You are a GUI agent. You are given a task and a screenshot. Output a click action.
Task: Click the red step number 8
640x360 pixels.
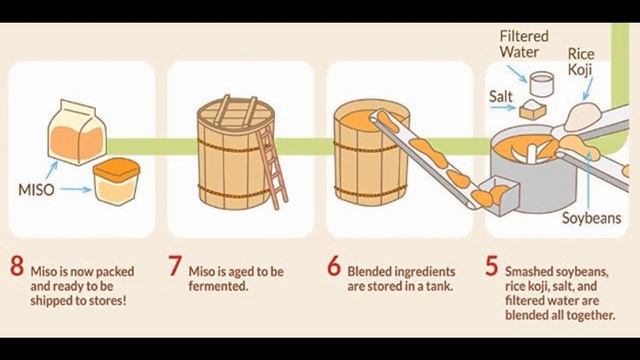coord(17,266)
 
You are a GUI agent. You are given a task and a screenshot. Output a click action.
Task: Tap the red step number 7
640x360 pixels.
coord(175,266)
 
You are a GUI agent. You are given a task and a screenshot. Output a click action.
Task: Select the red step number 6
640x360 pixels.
coord(334,266)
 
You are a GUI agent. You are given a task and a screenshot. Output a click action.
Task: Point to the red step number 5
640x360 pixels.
coord(492,266)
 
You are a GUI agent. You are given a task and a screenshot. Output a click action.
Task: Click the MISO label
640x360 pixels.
coord(36,190)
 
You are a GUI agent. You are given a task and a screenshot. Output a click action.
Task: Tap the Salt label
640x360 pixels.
coord(500,97)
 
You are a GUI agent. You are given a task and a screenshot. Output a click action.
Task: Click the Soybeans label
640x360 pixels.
coord(591,218)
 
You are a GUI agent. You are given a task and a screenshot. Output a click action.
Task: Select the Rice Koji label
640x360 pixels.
coord(581,62)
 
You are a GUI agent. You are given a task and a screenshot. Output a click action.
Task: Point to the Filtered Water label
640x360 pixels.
coord(524,44)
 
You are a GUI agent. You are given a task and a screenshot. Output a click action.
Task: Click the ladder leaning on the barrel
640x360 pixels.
coord(272,167)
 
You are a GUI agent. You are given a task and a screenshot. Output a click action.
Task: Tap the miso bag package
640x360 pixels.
coord(77,132)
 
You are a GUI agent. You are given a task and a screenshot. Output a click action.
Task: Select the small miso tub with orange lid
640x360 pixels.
coord(116,181)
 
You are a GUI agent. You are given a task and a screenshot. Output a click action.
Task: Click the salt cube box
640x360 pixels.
coord(533,109)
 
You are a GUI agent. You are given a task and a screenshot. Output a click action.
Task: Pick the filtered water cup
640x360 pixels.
coord(541,84)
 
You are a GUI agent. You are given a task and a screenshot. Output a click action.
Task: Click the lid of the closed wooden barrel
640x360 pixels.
coord(236,114)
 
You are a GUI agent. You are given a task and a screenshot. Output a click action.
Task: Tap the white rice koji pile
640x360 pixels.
coord(583,116)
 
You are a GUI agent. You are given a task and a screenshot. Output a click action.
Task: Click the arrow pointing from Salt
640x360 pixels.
coord(503,108)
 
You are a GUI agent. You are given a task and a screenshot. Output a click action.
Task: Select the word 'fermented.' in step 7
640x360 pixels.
coord(218,286)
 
